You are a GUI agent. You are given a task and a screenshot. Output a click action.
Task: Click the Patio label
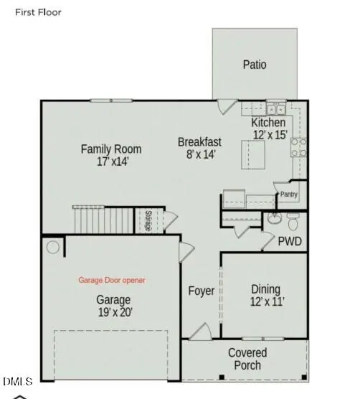pyautogui.click(x=254, y=65)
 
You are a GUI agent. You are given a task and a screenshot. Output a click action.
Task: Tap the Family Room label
pyautogui.click(x=110, y=149)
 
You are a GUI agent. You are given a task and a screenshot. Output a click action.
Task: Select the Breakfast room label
pyautogui.click(x=199, y=142)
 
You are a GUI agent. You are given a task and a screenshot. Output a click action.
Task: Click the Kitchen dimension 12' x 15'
pyautogui.click(x=269, y=134)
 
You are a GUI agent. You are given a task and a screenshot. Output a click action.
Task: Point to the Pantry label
pyautogui.click(x=288, y=194)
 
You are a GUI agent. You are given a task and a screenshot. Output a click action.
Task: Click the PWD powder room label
pyautogui.click(x=290, y=242)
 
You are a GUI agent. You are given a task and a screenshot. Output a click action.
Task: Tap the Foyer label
pyautogui.click(x=202, y=291)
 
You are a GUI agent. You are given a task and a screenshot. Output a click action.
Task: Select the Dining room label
pyautogui.click(x=265, y=288)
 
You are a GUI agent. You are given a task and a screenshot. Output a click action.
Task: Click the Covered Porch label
pyautogui.click(x=247, y=359)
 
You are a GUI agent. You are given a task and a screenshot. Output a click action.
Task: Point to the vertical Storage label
pyautogui.click(x=147, y=220)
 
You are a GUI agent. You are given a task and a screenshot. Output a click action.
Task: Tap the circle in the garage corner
pyautogui.click(x=52, y=248)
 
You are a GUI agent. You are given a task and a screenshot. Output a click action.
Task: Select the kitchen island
pyautogui.click(x=252, y=153)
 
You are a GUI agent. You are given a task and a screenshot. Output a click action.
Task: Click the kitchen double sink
pyautogui.click(x=275, y=109)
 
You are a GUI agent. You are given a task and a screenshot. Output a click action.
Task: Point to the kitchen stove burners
pyautogui.click(x=298, y=147)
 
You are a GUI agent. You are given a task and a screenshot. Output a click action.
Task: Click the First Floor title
pyautogui.click(x=38, y=12)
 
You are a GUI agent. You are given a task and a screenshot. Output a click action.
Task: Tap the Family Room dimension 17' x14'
pyautogui.click(x=110, y=162)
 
